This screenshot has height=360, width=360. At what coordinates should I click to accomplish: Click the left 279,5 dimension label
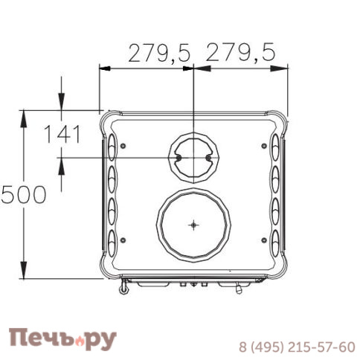click(x=160, y=53)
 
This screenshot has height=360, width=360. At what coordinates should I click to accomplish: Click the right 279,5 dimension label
click(x=241, y=52)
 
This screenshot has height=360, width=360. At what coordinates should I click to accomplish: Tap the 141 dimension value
click(x=63, y=135)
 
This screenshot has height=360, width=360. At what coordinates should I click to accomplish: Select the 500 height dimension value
click(x=23, y=195)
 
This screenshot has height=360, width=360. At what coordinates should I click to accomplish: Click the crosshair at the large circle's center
click(x=193, y=225)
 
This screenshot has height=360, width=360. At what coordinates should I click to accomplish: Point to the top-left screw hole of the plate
click(x=123, y=146)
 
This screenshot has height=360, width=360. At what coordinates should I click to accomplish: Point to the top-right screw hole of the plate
click(x=264, y=146)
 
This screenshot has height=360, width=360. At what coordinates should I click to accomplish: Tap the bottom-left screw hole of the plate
click(x=123, y=240)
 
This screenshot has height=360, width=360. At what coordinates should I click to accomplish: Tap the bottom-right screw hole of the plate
click(x=264, y=240)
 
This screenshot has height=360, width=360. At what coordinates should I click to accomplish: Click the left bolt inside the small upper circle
click(x=179, y=158)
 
